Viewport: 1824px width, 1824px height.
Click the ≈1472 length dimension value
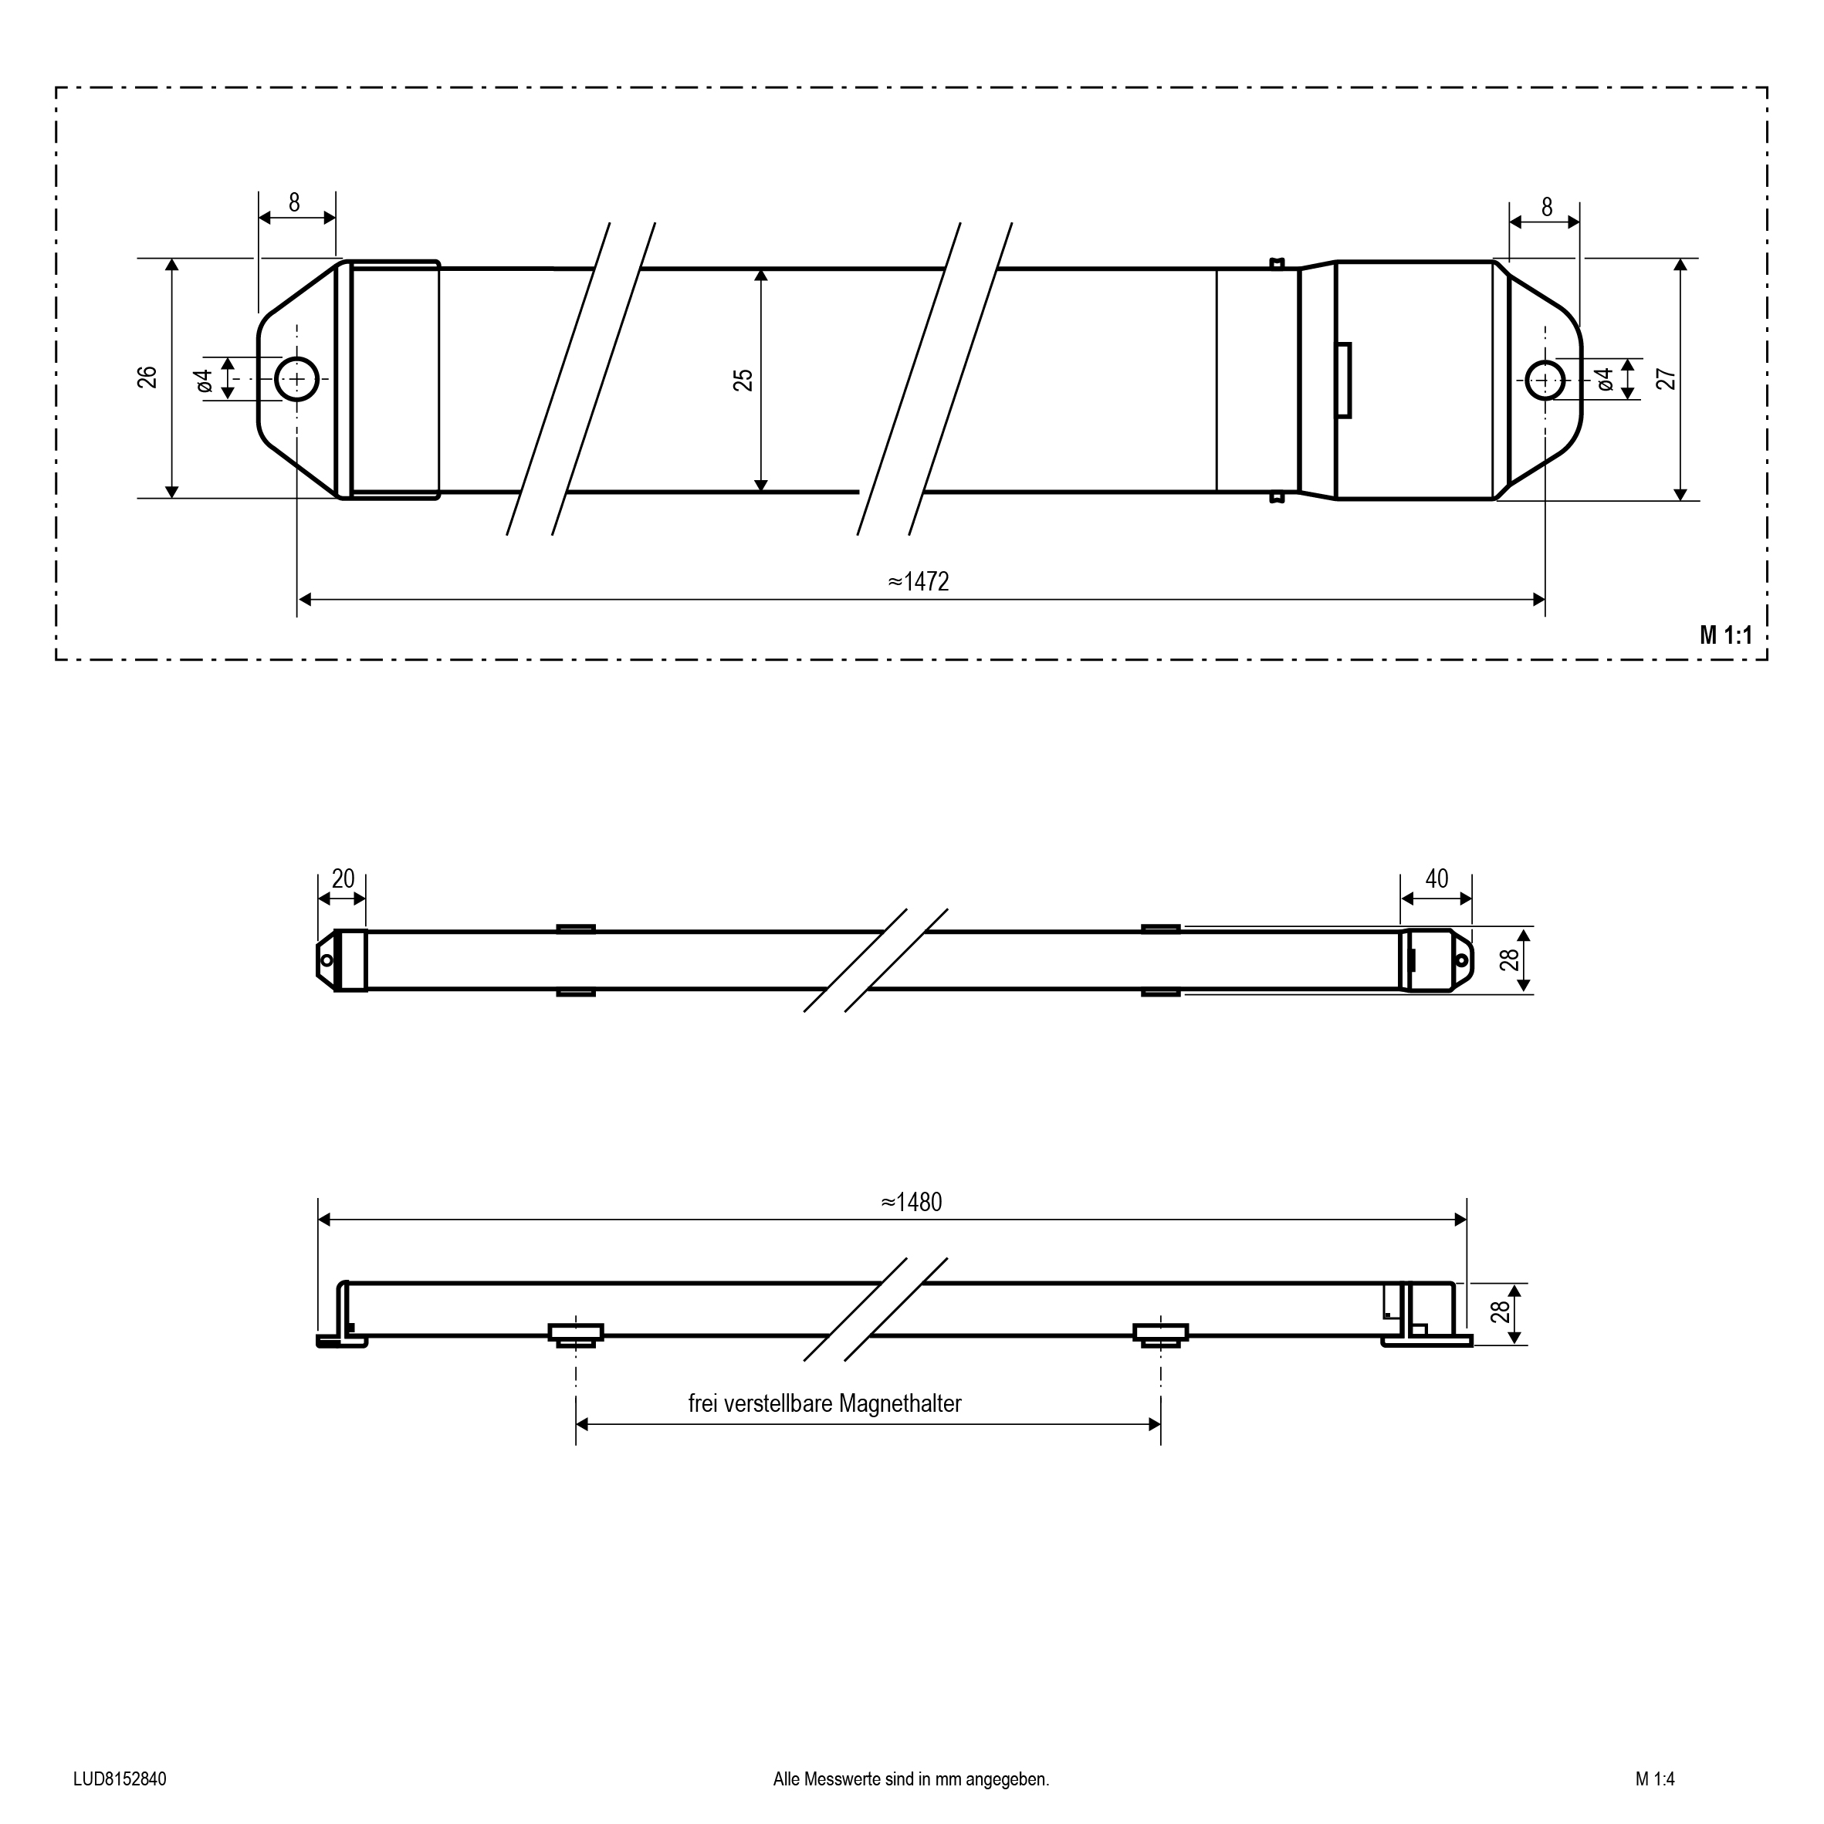pyautogui.click(x=919, y=581)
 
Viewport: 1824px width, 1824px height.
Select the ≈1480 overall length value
pyautogui.click(x=912, y=1202)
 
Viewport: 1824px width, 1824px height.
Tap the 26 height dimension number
pyautogui.click(x=147, y=377)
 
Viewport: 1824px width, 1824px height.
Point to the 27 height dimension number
pyautogui.click(x=1667, y=378)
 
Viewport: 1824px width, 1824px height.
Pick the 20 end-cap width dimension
pyautogui.click(x=343, y=879)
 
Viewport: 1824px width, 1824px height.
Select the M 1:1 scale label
pyautogui.click(x=1726, y=635)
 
